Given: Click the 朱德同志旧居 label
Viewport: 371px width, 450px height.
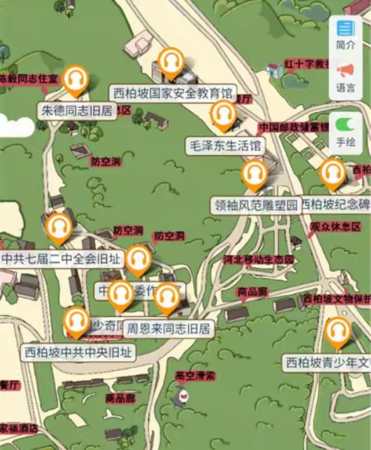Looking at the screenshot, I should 77,111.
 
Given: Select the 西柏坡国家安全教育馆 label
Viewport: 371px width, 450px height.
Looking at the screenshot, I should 172,93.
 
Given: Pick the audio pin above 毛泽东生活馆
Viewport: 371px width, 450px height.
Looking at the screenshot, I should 223,114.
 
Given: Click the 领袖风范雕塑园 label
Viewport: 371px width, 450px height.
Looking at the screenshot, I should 256,205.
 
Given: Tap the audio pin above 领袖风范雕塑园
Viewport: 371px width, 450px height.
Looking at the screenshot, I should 254,174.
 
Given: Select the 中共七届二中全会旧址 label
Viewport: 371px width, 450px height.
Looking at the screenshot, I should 61,258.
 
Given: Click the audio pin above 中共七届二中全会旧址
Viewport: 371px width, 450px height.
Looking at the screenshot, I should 59,227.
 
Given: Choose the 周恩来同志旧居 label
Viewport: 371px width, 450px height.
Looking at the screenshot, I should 168,329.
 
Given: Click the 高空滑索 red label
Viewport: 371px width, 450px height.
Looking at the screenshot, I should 195,376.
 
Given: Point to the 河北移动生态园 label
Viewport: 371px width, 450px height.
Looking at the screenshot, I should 259,259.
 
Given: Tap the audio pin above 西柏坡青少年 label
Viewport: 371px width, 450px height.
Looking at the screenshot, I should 337,332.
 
